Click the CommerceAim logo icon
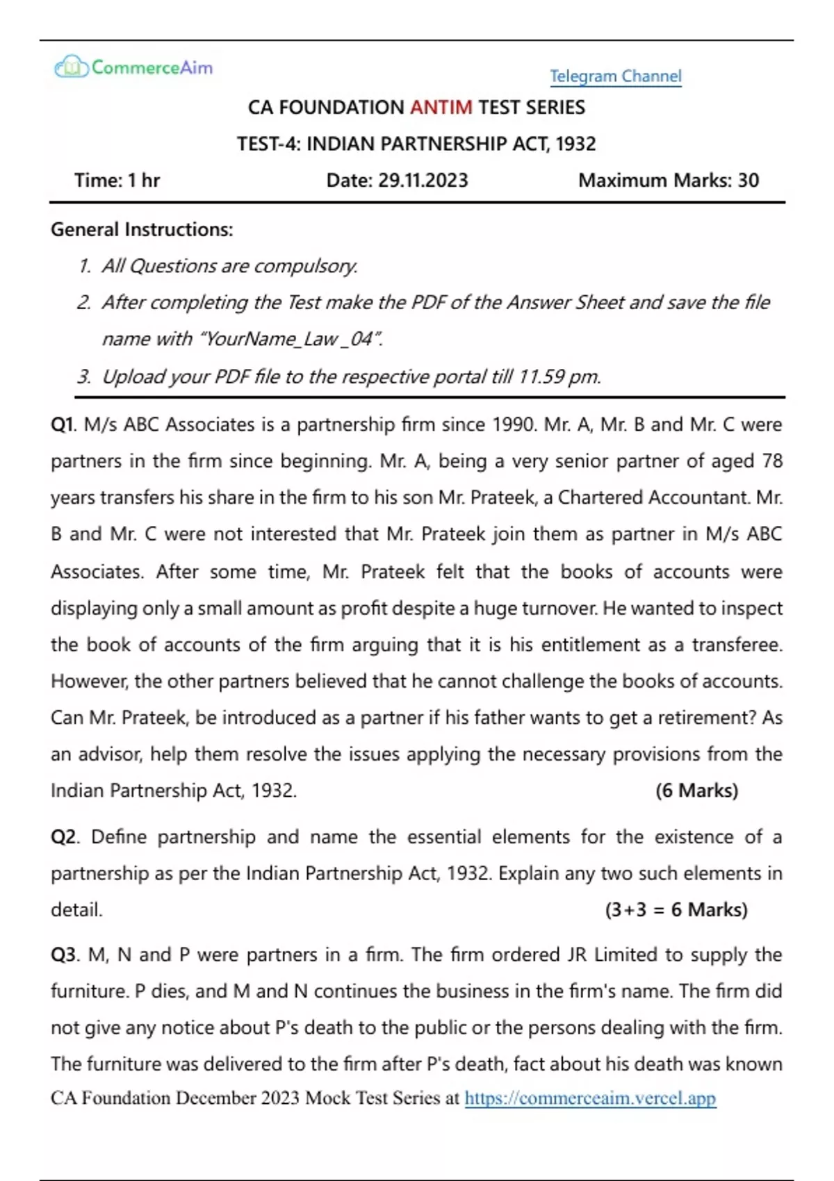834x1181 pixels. pyautogui.click(x=71, y=67)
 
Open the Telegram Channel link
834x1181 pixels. pyautogui.click(x=616, y=76)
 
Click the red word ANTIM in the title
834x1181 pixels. pyautogui.click(x=441, y=108)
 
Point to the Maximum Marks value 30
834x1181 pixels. pyautogui.click(x=749, y=181)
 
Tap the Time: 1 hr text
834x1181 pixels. pyautogui.click(x=117, y=181)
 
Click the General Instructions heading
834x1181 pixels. pyautogui.click(x=142, y=230)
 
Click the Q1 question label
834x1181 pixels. pyautogui.click(x=63, y=424)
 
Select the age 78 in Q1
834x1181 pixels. pyautogui.click(x=771, y=461)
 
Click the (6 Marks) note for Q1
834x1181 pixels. pyautogui.click(x=696, y=791)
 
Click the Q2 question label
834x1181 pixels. pyautogui.click(x=64, y=837)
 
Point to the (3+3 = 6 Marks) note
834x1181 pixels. pyautogui.click(x=676, y=910)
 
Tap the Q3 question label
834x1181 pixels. pyautogui.click(x=64, y=955)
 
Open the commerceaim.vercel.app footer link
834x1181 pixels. pyautogui.click(x=590, y=1098)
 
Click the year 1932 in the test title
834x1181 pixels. pyautogui.click(x=575, y=144)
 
